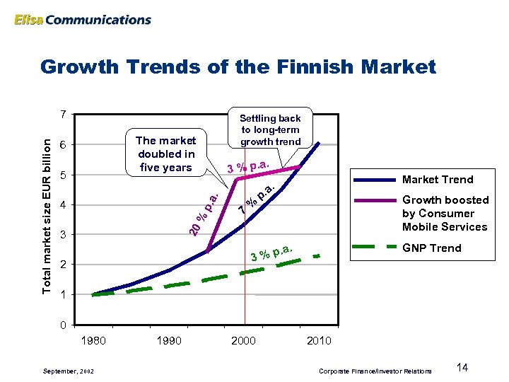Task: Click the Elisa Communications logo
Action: (x=82, y=19)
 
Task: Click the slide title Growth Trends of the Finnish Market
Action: (x=238, y=67)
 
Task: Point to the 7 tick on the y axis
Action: (x=64, y=115)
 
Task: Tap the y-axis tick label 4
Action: (x=64, y=205)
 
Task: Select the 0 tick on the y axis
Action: (x=64, y=325)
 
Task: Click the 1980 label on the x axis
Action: (x=94, y=341)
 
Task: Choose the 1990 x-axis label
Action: (x=170, y=341)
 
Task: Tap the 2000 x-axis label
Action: (x=244, y=341)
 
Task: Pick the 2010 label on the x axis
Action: (x=319, y=341)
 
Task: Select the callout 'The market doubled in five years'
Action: (x=165, y=154)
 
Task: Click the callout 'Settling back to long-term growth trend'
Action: (x=270, y=129)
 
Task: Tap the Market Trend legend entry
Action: (x=438, y=179)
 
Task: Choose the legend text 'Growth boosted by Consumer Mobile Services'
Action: (x=445, y=213)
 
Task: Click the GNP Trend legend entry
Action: (x=431, y=248)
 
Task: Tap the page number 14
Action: (x=463, y=367)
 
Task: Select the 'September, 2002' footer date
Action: (x=66, y=371)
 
